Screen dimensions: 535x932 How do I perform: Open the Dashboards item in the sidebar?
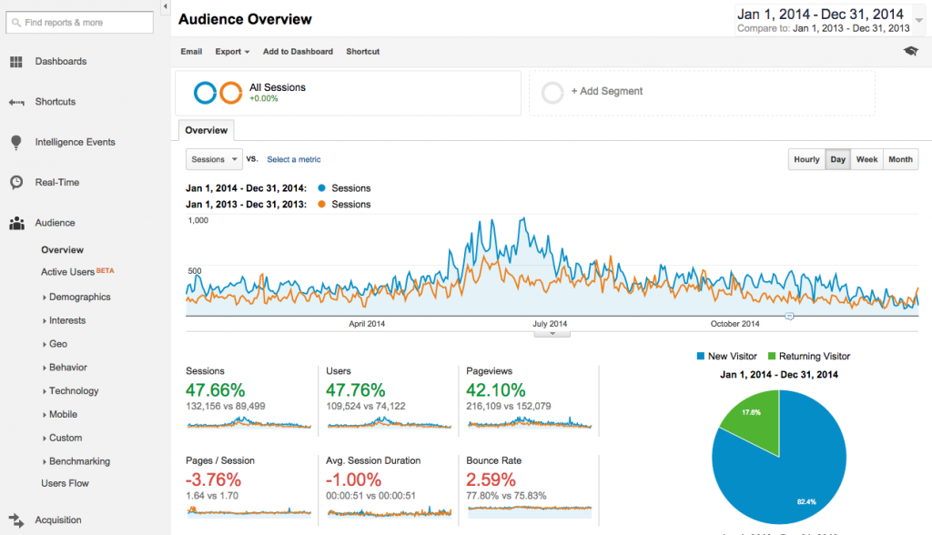[x=60, y=62]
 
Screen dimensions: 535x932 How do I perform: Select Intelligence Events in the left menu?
[x=75, y=142]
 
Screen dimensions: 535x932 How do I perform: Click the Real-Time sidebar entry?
[x=56, y=182]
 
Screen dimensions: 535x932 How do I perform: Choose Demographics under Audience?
[x=79, y=297]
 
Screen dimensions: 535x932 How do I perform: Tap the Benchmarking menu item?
[x=79, y=461]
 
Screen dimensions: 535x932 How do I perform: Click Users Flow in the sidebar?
[x=65, y=483]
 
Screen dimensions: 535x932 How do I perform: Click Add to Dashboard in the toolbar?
[x=298, y=52]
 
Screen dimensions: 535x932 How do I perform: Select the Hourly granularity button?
[x=806, y=159]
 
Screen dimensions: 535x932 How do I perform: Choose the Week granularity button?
[x=866, y=159]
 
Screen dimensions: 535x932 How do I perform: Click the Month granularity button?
[x=900, y=159]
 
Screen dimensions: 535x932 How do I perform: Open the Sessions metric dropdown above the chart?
[x=214, y=159]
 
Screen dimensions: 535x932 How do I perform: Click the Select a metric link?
[x=293, y=159]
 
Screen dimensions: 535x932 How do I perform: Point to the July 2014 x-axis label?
[x=550, y=324]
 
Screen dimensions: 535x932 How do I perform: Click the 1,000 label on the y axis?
[x=198, y=220]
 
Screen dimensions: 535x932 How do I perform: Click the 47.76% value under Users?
[x=355, y=390]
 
